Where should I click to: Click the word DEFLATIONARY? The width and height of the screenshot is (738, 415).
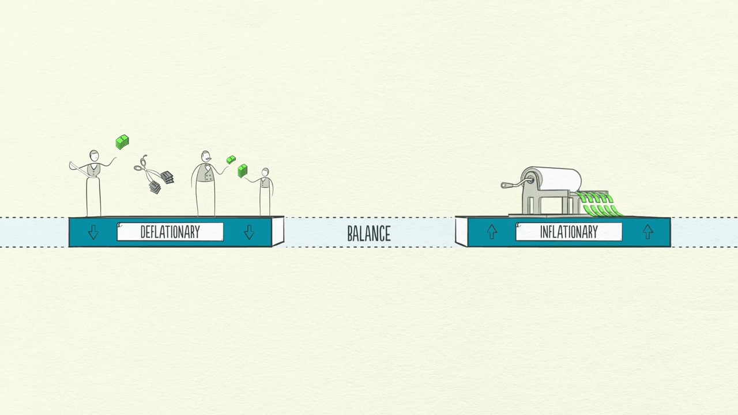pyautogui.click(x=170, y=232)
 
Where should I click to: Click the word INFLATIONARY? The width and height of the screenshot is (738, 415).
pyautogui.click(x=568, y=232)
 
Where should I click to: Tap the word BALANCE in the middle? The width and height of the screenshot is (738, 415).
pyautogui.click(x=369, y=233)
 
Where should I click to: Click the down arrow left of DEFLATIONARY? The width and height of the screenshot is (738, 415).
pyautogui.click(x=93, y=232)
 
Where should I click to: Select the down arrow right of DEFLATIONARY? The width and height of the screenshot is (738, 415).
pyautogui.click(x=249, y=232)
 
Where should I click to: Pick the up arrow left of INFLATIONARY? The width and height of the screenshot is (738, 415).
pyautogui.click(x=492, y=232)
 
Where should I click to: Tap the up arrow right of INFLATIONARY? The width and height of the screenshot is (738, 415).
pyautogui.click(x=647, y=232)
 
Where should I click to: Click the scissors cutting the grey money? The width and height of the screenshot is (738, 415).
pyautogui.click(x=146, y=169)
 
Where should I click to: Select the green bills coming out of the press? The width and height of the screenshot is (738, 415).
pyautogui.click(x=598, y=204)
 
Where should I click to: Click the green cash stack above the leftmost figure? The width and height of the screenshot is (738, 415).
pyautogui.click(x=122, y=142)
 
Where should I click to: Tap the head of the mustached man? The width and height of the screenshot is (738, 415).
pyautogui.click(x=206, y=156)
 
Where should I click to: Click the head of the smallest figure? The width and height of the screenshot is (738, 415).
pyautogui.click(x=265, y=172)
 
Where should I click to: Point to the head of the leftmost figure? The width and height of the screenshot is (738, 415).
pyautogui.click(x=94, y=156)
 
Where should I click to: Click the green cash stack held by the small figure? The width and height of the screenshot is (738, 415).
pyautogui.click(x=243, y=171)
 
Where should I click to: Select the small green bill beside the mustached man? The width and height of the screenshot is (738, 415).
pyautogui.click(x=231, y=160)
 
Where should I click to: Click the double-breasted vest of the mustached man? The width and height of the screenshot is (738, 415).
pyautogui.click(x=205, y=173)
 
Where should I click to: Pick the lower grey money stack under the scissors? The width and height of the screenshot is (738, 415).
pyautogui.click(x=155, y=187)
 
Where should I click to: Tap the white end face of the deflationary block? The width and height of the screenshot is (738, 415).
pyautogui.click(x=278, y=231)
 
